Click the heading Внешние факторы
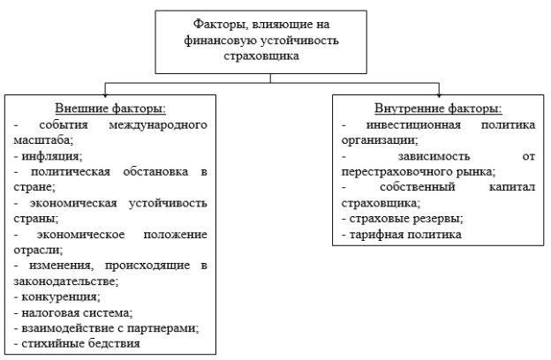point(110,109)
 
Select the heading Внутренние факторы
point(438,109)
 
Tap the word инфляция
point(52,156)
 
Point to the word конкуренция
point(61,296)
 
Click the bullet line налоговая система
point(73,312)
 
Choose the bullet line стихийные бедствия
point(77,343)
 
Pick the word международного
point(158,125)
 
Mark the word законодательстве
point(66,281)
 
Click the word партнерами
point(162,328)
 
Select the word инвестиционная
point(413,125)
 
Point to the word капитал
point(512,187)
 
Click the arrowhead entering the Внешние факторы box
point(105,94)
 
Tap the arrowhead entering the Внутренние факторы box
point(439,94)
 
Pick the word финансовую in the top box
point(220,41)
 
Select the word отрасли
point(38,250)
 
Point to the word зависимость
point(434,156)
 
